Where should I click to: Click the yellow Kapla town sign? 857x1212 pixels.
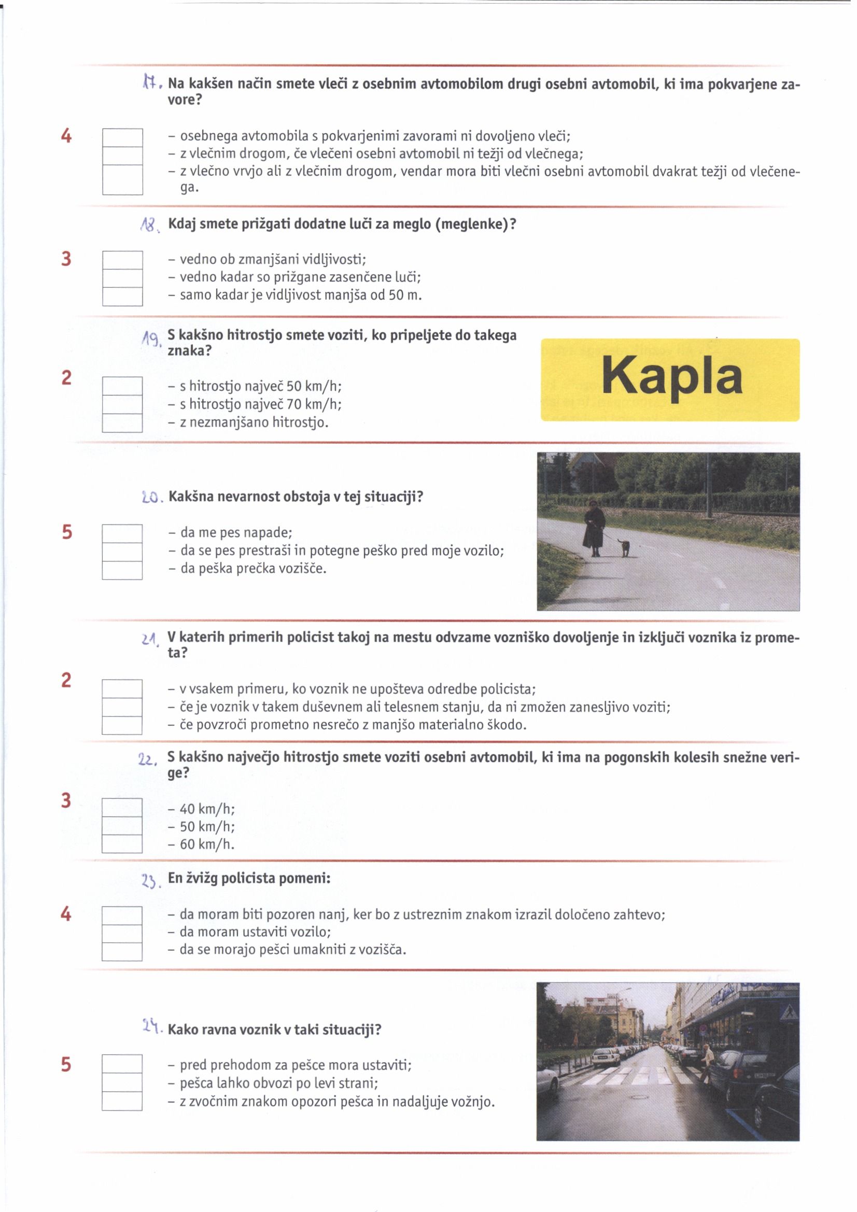(669, 379)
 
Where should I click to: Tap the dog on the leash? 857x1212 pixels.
(625, 547)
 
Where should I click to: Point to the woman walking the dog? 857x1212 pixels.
(594, 528)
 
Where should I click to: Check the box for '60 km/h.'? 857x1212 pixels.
(122, 843)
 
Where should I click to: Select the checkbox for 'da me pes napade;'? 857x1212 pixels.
(122, 533)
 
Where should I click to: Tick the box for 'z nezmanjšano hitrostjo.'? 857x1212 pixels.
(122, 423)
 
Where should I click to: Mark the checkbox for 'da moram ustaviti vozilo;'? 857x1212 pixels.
(122, 933)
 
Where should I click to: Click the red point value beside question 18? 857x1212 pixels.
(66, 259)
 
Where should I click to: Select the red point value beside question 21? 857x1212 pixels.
(66, 680)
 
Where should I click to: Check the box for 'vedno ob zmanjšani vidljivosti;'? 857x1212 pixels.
(122, 260)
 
